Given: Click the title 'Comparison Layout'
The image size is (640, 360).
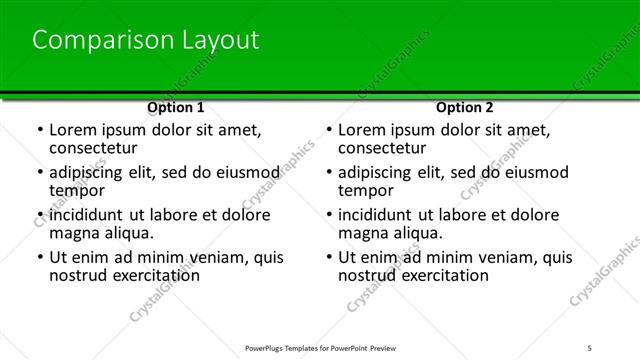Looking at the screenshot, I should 146,40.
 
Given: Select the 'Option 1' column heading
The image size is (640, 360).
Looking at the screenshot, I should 175,107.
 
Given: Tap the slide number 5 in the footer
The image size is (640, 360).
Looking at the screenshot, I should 619,349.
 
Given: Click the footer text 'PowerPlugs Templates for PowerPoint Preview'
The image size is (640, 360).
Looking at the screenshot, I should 323,349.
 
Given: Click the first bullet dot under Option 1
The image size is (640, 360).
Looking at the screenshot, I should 39,131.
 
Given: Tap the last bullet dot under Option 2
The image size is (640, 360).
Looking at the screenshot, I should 328,257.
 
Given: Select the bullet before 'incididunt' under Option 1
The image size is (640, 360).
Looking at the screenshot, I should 39,215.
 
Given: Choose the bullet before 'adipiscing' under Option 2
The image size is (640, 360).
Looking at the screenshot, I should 328,172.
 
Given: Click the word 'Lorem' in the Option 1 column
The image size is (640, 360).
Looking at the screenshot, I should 72,130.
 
